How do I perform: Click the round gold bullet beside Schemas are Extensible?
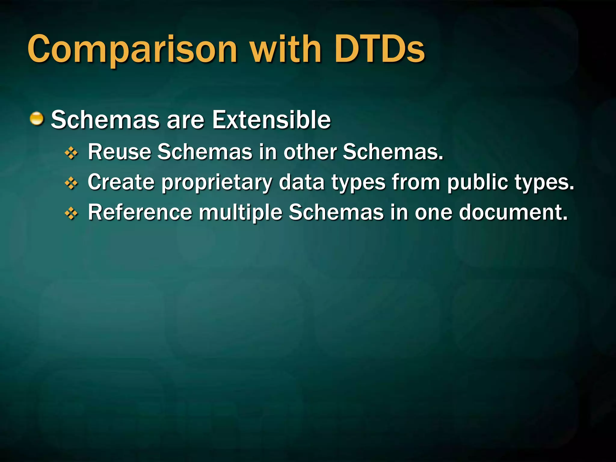pyautogui.click(x=37, y=119)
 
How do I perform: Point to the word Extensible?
pyautogui.click(x=271, y=120)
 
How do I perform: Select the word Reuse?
pyautogui.click(x=119, y=152)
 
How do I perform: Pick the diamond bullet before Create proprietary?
pyautogui.click(x=71, y=183)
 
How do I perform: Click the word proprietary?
pyautogui.click(x=217, y=183)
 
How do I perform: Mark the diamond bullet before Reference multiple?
pyautogui.click(x=71, y=214)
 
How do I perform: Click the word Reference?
pyautogui.click(x=140, y=212)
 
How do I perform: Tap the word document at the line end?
pyautogui.click(x=513, y=212)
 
